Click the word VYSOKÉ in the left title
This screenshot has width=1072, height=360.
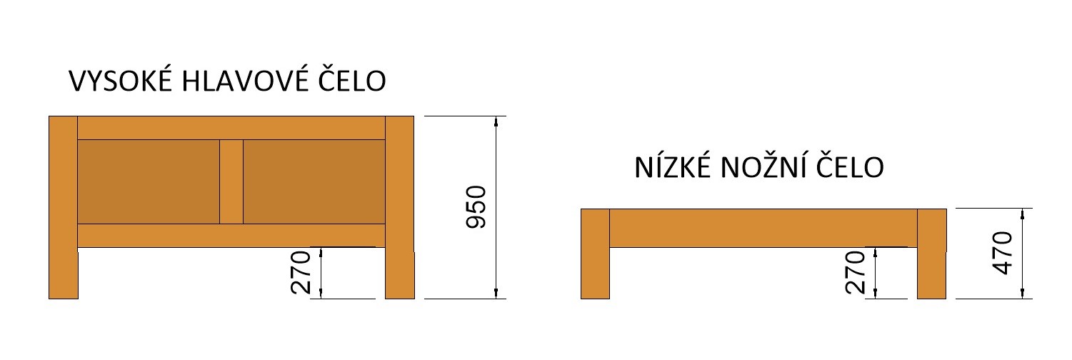pos(120,81)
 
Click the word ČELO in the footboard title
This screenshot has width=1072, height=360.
pos(851,168)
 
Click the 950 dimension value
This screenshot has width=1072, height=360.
pos(476,206)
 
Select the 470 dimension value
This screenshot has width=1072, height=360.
pos(1003,254)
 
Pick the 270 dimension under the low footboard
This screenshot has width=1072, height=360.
pos(855,273)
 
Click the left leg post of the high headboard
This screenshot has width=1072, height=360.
pos(63,207)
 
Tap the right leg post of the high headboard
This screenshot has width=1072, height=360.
pos(399,207)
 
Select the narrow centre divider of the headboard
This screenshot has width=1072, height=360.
pos(231,182)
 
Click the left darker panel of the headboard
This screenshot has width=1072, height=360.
pos(148,182)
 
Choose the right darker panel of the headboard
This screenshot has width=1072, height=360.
pos(314,182)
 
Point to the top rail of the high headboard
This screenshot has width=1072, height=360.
pos(231,128)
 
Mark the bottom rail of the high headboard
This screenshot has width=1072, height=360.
pos(231,236)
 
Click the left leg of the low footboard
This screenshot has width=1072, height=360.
pos(595,254)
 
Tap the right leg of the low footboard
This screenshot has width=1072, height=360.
pos(931,254)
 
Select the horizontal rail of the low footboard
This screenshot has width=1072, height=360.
pos(763,228)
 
